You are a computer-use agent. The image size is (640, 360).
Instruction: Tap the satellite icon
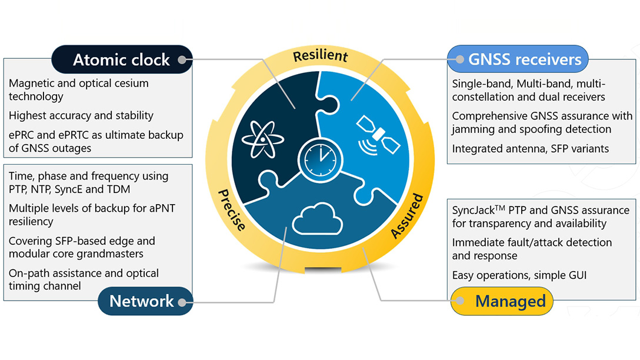pos(378,135)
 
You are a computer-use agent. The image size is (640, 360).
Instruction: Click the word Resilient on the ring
pos(320,56)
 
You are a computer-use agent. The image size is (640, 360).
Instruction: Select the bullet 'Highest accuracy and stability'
pos(81,115)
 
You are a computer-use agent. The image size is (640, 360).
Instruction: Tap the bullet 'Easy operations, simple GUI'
pos(519,275)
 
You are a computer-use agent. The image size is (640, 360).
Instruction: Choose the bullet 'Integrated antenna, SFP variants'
pos(530,149)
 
